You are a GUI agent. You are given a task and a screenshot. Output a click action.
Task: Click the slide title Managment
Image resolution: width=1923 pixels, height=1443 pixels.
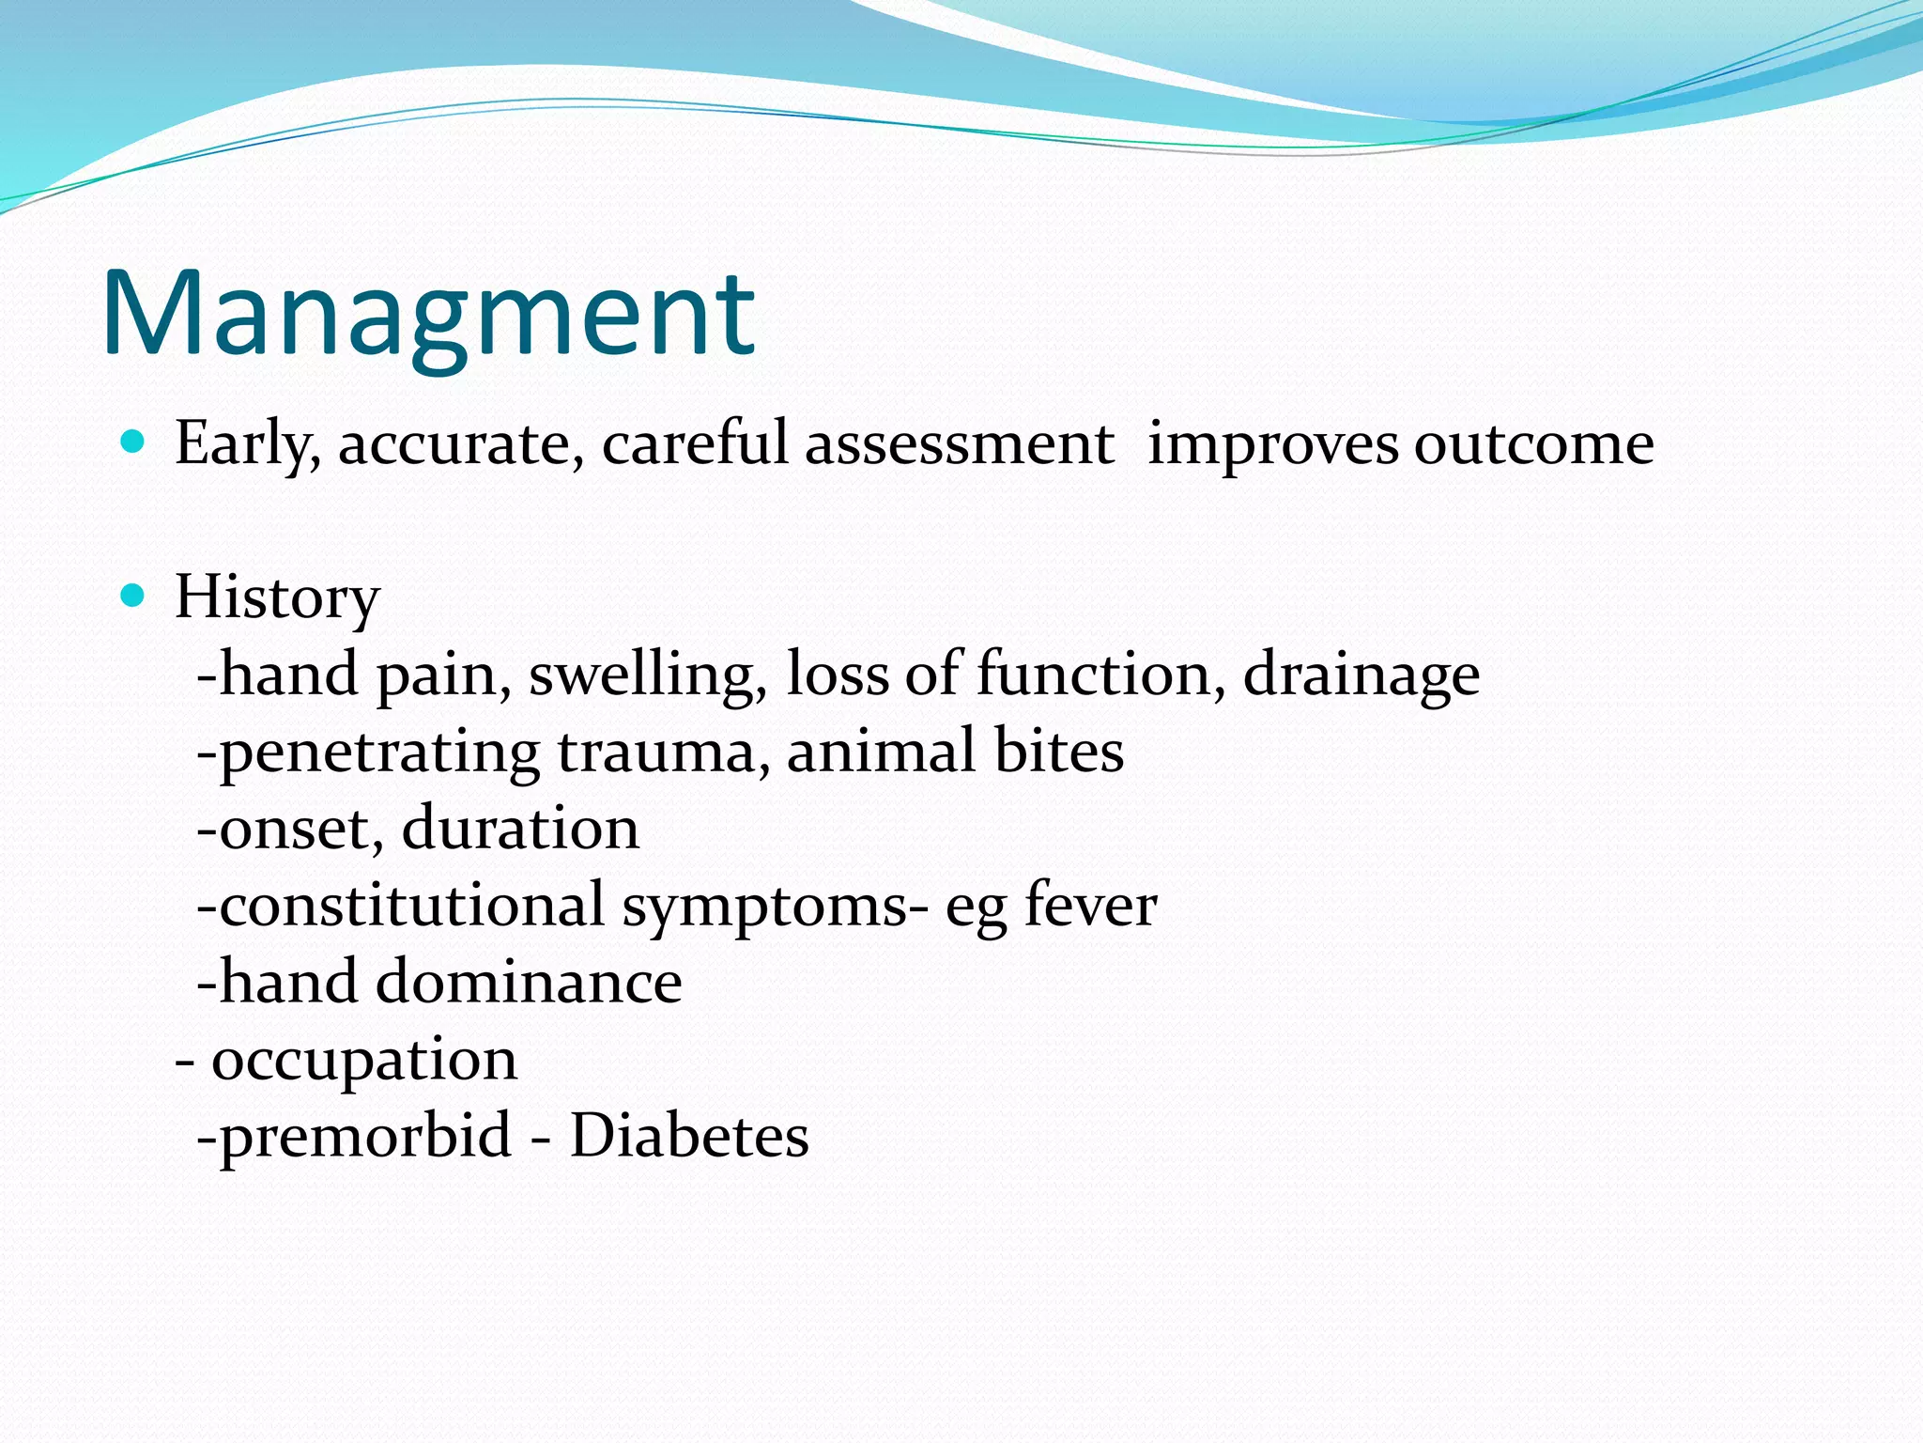(x=428, y=315)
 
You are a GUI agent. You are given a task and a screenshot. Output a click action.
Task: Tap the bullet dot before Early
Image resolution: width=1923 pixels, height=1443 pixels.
(x=133, y=441)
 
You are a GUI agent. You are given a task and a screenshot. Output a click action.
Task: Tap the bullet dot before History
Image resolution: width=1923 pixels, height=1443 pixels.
(x=133, y=595)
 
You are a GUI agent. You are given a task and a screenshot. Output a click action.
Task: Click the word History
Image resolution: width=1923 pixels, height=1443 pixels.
(x=277, y=597)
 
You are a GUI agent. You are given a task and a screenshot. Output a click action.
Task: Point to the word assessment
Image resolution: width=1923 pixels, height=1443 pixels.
(x=959, y=443)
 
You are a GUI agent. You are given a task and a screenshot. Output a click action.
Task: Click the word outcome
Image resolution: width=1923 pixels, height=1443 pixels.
(x=1533, y=443)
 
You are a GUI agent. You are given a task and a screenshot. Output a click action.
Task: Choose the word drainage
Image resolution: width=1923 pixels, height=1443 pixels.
(x=1361, y=675)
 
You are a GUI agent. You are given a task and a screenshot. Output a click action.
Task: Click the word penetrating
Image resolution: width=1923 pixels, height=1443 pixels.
(x=379, y=753)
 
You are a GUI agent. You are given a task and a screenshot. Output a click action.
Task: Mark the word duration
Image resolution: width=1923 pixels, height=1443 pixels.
(x=520, y=829)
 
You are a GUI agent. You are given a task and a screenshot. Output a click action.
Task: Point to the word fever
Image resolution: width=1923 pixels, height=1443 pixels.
(x=1090, y=906)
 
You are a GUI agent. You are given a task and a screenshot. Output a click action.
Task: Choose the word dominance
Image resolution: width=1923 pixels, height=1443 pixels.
(x=529, y=983)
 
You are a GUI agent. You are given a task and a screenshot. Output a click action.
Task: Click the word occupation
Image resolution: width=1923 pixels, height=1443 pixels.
(x=364, y=1062)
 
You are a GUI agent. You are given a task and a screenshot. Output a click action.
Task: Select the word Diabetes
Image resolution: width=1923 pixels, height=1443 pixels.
(x=689, y=1136)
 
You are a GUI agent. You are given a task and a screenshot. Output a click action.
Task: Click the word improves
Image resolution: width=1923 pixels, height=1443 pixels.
(x=1272, y=443)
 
